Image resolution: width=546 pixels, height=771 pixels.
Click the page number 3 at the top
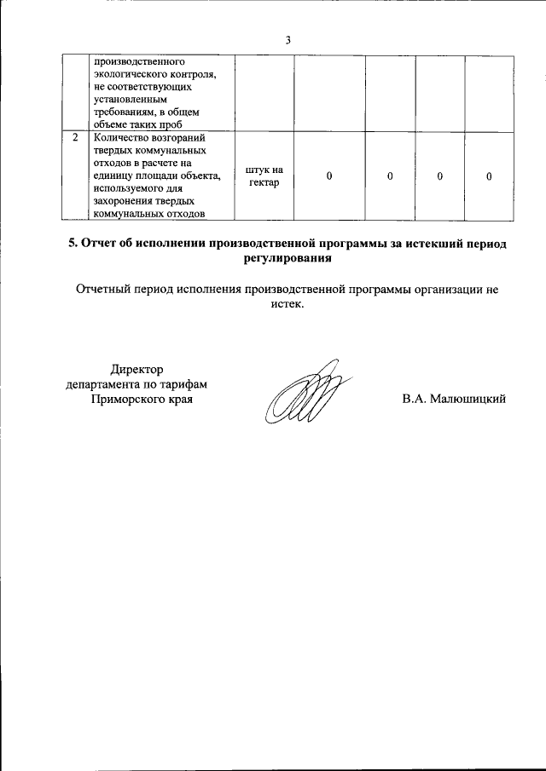click(x=288, y=40)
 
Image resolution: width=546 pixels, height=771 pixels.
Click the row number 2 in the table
click(x=76, y=137)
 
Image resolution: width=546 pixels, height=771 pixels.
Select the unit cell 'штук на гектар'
click(x=264, y=176)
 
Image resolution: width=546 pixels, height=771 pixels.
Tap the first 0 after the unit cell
click(x=329, y=176)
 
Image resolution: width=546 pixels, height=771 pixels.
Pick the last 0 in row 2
click(x=489, y=176)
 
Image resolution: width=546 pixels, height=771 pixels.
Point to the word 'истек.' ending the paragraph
click(x=287, y=304)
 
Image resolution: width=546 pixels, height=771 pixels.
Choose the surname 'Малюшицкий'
click(x=469, y=399)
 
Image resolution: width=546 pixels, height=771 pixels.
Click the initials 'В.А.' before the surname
click(x=415, y=399)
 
